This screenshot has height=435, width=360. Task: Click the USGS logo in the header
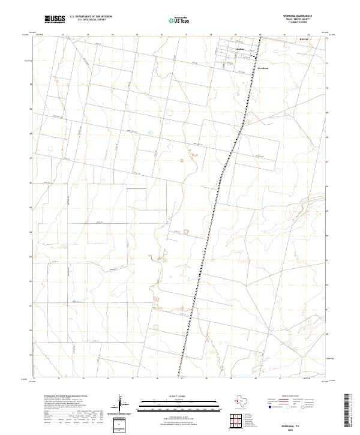coord(55,19)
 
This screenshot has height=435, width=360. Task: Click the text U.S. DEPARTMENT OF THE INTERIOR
coord(91,17)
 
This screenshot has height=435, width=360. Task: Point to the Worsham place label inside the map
coord(262,68)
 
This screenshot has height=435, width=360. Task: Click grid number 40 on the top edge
coord(260,35)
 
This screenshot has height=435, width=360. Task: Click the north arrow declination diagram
coord(122,405)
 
